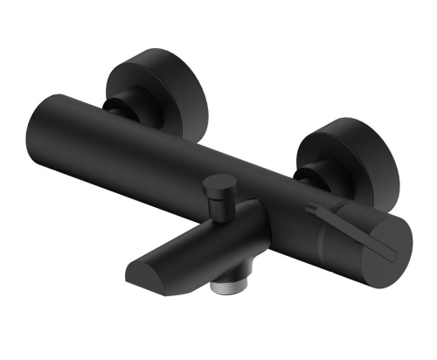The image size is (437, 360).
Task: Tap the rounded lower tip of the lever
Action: pyautogui.click(x=392, y=254)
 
